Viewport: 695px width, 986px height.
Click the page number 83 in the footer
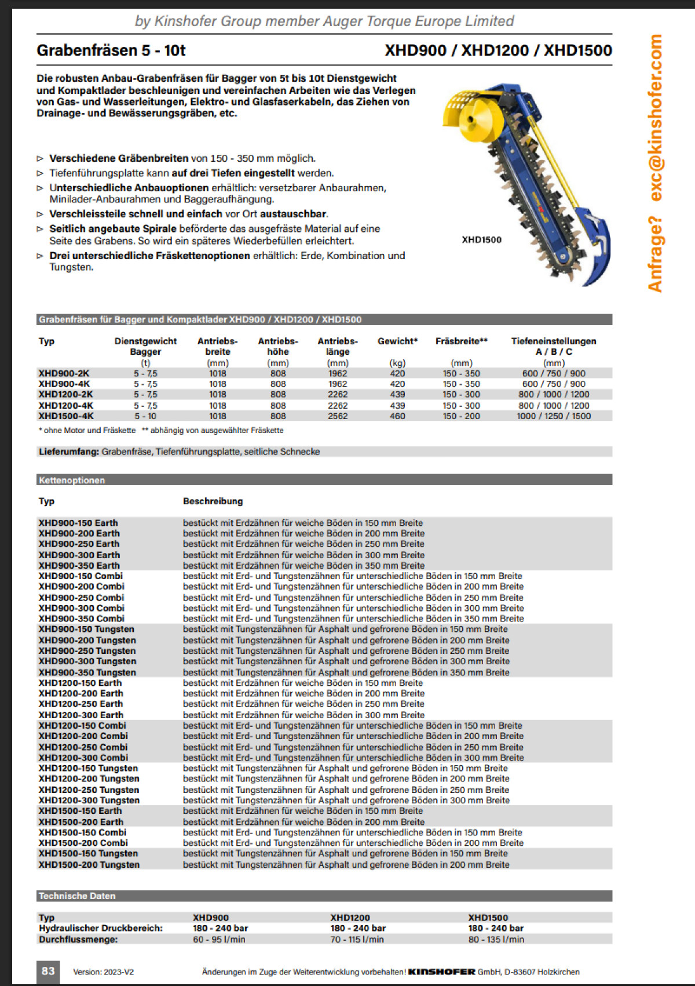48,971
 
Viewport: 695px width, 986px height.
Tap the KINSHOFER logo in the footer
442,972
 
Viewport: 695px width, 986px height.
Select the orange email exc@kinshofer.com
656,118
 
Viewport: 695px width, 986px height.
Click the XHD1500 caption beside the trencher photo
482,240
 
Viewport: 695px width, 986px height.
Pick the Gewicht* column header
397,341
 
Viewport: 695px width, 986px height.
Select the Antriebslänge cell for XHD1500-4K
338,416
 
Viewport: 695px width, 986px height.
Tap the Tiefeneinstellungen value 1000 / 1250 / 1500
553,416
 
